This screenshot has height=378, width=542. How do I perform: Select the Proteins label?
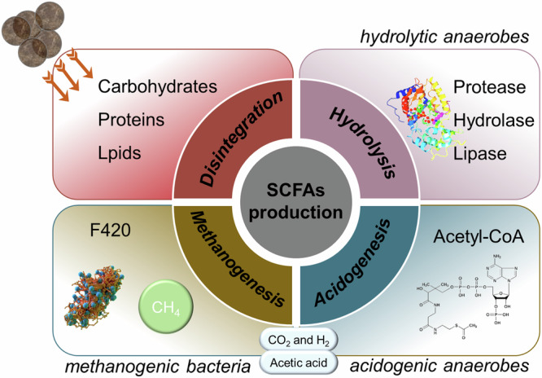click(131, 121)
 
